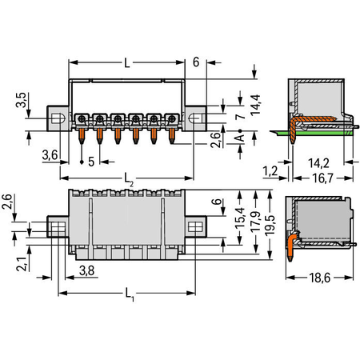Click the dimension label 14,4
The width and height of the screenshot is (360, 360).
(255, 105)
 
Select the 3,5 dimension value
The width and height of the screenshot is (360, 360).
(21, 100)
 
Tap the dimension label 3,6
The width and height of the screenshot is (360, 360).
(50, 154)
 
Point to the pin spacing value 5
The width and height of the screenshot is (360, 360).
(91, 162)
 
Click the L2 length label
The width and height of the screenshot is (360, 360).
(129, 178)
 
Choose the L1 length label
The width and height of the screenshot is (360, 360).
(130, 294)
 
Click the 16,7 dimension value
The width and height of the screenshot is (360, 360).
(323, 178)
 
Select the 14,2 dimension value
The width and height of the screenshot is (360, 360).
(318, 163)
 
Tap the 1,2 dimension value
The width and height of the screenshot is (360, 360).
(270, 171)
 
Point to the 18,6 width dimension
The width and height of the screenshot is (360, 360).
(320, 278)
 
